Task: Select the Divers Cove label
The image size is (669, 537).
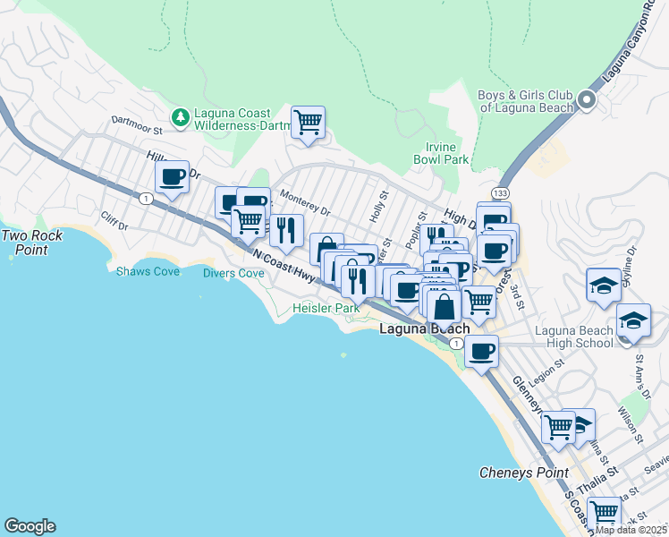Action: coord(233,273)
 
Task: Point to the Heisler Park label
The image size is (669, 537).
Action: coord(326,309)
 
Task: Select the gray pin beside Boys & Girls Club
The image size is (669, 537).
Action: coord(587,100)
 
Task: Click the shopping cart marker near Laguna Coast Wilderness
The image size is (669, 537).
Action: coord(308,123)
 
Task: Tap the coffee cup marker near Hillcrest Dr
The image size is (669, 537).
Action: coord(172,176)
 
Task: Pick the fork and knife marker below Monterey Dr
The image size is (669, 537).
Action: coord(286,230)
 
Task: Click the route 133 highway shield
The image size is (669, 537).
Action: coord(501,192)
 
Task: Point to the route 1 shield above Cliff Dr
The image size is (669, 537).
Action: coord(144,199)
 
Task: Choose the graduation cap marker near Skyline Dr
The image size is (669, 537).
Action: coord(604,286)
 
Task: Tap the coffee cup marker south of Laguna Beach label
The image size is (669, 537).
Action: coord(481,351)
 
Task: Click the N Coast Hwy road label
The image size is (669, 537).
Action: coord(284,266)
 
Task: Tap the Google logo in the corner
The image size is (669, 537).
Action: coord(30,526)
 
